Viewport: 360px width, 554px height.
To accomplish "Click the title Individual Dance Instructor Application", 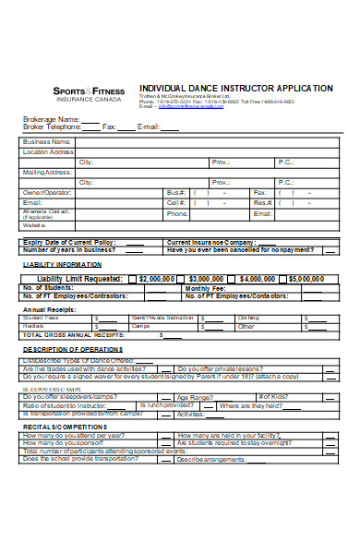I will (235, 88).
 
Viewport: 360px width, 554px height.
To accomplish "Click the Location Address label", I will (48, 151).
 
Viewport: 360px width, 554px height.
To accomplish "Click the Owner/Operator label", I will (47, 192).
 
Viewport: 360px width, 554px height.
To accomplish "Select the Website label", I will (34, 224).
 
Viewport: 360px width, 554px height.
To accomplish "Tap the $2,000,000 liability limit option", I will (152, 278).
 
